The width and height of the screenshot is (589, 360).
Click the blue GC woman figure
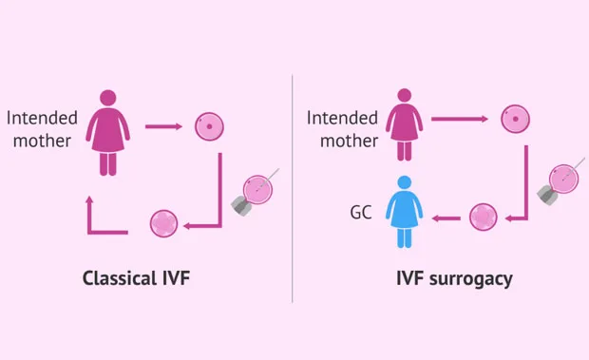[404, 212]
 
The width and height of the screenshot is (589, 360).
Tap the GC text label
[361, 213]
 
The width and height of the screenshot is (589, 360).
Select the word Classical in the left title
[120, 278]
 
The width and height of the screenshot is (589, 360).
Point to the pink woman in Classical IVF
[108, 133]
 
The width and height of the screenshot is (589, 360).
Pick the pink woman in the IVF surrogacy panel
[404, 124]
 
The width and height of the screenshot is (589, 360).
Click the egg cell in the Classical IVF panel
[209, 126]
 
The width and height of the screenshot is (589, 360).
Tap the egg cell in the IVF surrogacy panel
[515, 119]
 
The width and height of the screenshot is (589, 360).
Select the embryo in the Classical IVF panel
[163, 224]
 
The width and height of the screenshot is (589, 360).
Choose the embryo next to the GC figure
[484, 218]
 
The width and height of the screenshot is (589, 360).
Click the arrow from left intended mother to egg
[163, 126]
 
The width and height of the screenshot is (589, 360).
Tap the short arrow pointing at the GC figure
[446, 218]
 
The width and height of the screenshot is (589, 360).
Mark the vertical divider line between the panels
[293, 188]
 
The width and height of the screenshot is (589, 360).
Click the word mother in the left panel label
[42, 142]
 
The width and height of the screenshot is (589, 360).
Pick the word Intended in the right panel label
[342, 118]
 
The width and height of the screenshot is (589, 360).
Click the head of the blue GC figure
[404, 182]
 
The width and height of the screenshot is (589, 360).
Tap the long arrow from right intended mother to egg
[460, 119]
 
